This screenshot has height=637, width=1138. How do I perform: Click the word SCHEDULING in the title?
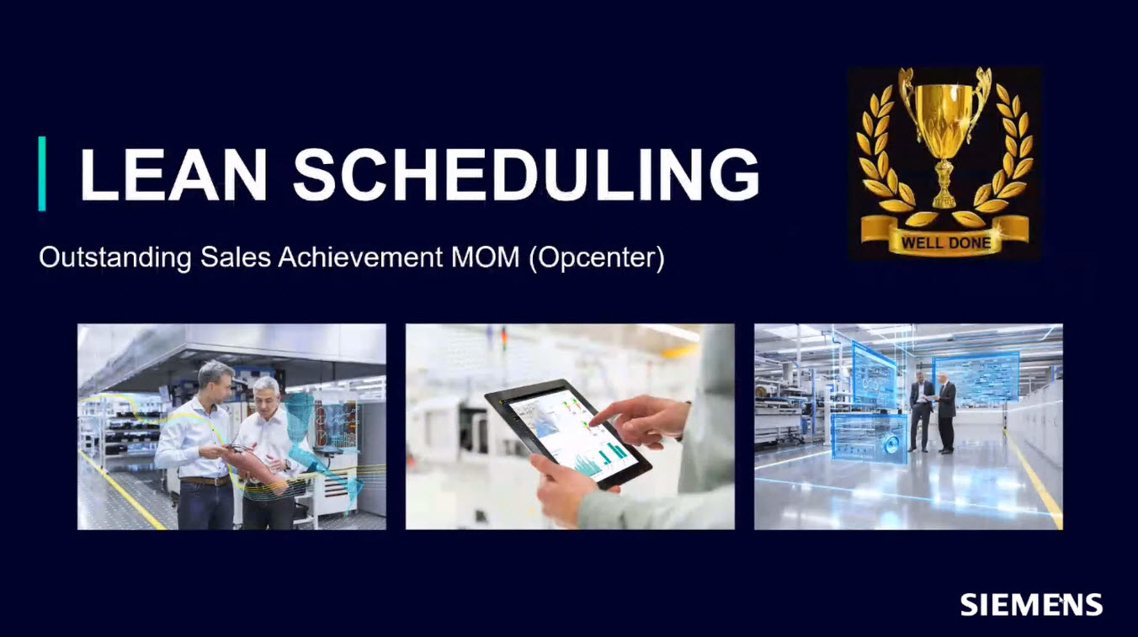[526, 174]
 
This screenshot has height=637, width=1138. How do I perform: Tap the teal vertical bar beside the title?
[42, 173]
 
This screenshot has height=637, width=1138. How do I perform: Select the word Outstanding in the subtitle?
[115, 257]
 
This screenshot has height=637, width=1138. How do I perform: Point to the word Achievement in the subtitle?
[360, 257]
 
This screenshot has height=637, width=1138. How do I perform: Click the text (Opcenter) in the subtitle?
[597, 258]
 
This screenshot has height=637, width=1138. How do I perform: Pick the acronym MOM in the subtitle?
[485, 257]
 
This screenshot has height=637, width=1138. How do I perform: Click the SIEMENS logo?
[1031, 604]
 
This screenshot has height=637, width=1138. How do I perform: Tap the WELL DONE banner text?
[946, 242]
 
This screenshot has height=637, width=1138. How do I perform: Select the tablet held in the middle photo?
[567, 433]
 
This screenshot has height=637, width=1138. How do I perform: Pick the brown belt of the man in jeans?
[205, 480]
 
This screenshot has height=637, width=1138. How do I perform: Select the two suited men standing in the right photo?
[933, 412]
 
